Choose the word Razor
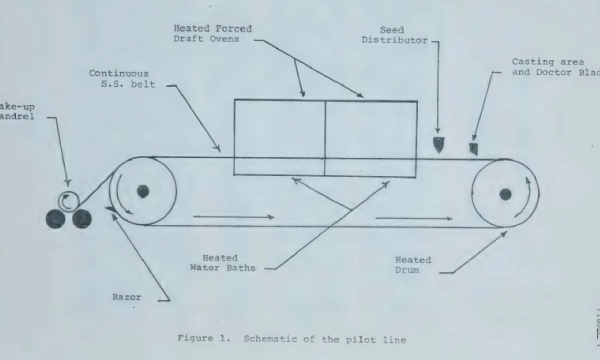pos(127,296)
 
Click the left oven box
pos(279,139)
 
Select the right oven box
pos(371,139)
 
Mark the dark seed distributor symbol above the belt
pos(438,145)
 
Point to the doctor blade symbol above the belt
pos(474,149)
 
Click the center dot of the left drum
pos(143,191)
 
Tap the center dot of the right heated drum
pos(505,193)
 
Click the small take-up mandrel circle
pos(69,198)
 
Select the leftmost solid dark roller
pos(57,217)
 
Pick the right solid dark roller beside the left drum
pos(80,217)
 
